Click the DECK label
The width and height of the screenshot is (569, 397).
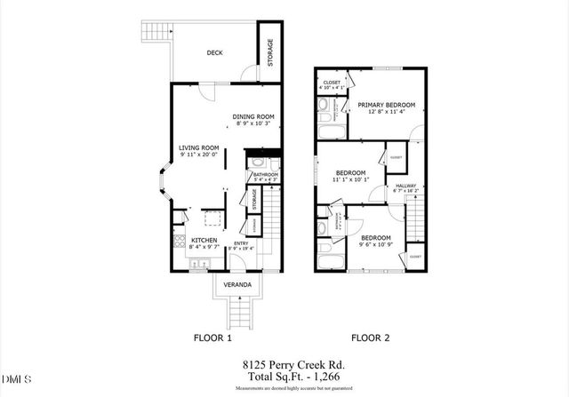tap(214, 52)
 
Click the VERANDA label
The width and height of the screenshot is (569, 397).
tap(236, 285)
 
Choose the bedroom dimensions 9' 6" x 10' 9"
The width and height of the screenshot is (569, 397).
tap(375, 243)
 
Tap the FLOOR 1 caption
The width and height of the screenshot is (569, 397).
tap(212, 337)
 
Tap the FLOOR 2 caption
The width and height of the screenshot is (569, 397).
tap(371, 337)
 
